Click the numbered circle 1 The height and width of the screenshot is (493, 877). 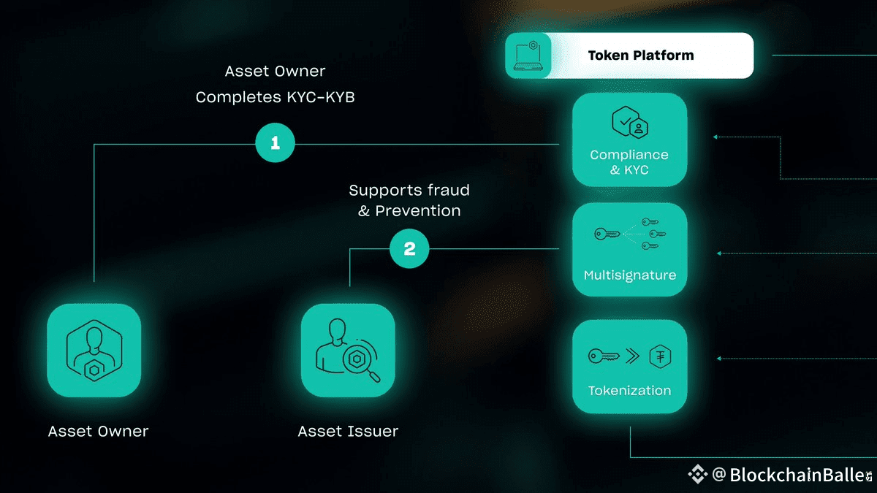[x=275, y=143]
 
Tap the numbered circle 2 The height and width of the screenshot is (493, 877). [x=409, y=249]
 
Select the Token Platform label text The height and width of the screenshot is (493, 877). [x=641, y=56]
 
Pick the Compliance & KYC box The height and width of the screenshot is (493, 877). [x=629, y=140]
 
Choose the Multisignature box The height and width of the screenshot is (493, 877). [x=629, y=250]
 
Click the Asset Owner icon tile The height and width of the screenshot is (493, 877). [x=94, y=351]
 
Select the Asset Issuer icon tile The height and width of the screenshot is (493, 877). [x=348, y=351]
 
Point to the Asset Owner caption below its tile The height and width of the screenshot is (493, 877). [x=98, y=431]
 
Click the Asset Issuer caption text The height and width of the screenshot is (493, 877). [x=348, y=431]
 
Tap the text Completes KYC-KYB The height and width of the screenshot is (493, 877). [x=275, y=96]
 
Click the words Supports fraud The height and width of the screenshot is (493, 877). [x=409, y=191]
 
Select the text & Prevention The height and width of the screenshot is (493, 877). [x=409, y=211]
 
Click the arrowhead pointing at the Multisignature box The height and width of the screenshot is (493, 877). [x=719, y=253]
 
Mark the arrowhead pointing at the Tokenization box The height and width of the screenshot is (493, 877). [x=719, y=359]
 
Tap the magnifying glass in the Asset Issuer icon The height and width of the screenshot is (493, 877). [x=362, y=363]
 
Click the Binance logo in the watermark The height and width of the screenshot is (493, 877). [x=697, y=475]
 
